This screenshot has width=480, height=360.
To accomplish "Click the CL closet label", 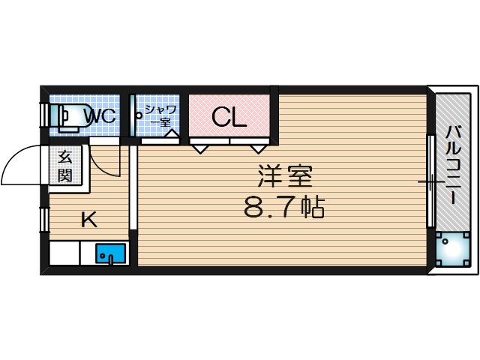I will (227, 117).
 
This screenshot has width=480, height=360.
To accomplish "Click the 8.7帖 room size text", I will (284, 208).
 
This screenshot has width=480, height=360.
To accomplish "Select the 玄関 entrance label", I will (65, 166).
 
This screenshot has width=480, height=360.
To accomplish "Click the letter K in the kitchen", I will (88, 220).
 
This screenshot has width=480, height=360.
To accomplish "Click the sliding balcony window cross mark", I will (430, 182).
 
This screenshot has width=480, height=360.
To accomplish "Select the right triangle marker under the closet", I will (259, 148).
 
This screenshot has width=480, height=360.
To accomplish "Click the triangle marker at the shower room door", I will (171, 136).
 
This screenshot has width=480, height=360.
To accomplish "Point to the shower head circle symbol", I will (139, 115).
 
